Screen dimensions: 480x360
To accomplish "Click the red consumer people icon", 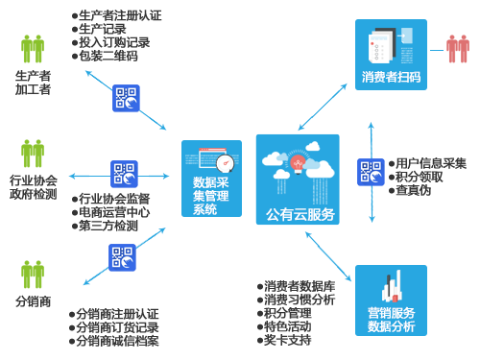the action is (458, 49).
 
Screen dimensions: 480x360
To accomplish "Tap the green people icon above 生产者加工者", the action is (33, 49).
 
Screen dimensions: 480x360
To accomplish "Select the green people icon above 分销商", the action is (33, 275).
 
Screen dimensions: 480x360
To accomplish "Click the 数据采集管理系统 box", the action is (211, 179).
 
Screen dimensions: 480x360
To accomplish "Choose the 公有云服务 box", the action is (298, 180).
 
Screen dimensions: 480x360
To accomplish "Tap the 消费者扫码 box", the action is (391, 55).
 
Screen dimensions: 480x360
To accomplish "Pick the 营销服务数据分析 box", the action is (391, 300).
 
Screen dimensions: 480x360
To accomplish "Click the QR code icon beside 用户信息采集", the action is (371, 172).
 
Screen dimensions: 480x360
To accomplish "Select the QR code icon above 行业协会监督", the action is (124, 174).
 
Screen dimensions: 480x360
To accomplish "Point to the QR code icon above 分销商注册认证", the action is (122, 257).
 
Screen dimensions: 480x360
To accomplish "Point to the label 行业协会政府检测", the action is (34, 187).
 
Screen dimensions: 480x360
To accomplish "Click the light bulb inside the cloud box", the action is (298, 164).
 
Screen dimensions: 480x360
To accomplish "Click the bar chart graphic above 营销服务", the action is (393, 286).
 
